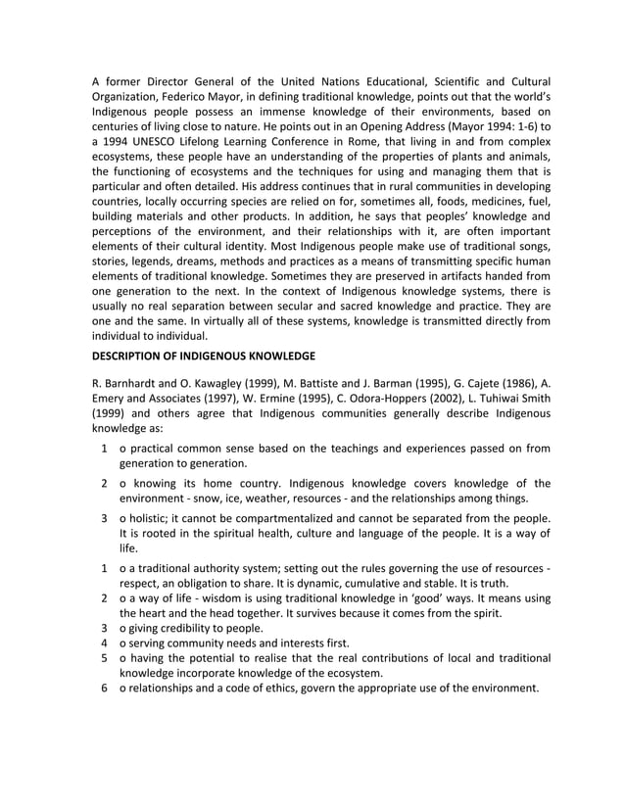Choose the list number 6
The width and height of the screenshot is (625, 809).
(104, 688)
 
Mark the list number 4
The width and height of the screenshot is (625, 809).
(104, 644)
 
